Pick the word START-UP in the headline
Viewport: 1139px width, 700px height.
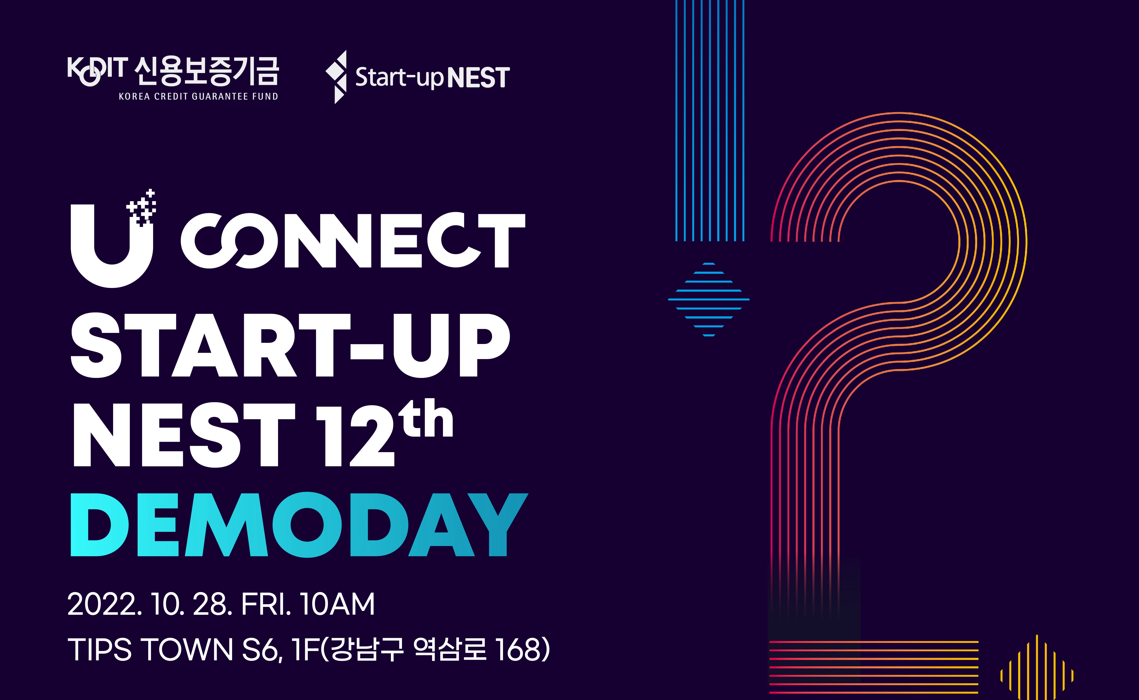coord(290,345)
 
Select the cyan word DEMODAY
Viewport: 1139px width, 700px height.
coord(299,524)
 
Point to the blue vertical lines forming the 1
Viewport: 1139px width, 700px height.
coord(710,120)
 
